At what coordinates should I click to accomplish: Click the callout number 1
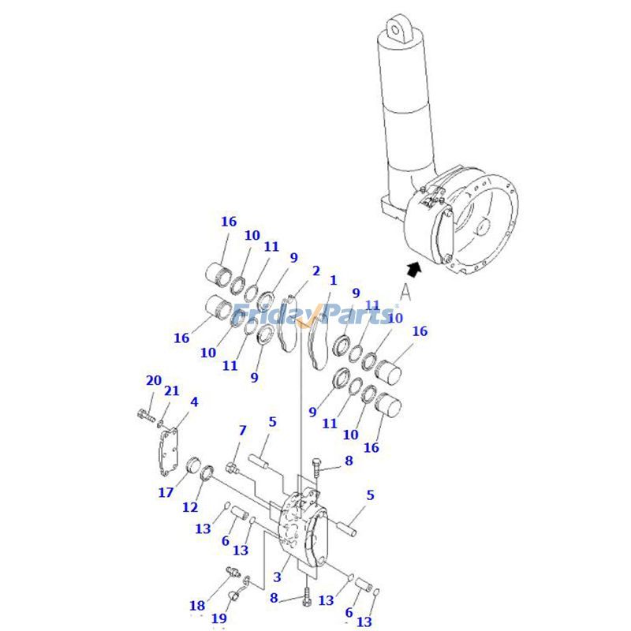pyautogui.click(x=333, y=280)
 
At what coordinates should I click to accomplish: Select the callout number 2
pyautogui.click(x=315, y=271)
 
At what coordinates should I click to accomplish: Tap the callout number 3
pyautogui.click(x=277, y=578)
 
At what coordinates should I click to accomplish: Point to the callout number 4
pyautogui.click(x=194, y=401)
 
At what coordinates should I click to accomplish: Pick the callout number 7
pyautogui.click(x=242, y=430)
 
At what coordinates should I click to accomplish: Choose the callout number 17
pyautogui.click(x=165, y=493)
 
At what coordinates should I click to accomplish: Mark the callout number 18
pyautogui.click(x=196, y=606)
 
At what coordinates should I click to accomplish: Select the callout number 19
pyautogui.click(x=219, y=618)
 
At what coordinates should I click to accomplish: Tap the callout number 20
pyautogui.click(x=153, y=380)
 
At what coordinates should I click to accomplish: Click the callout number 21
pyautogui.click(x=172, y=390)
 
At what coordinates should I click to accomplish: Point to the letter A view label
pyautogui.click(x=405, y=292)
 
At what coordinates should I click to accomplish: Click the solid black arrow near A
pyautogui.click(x=415, y=268)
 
